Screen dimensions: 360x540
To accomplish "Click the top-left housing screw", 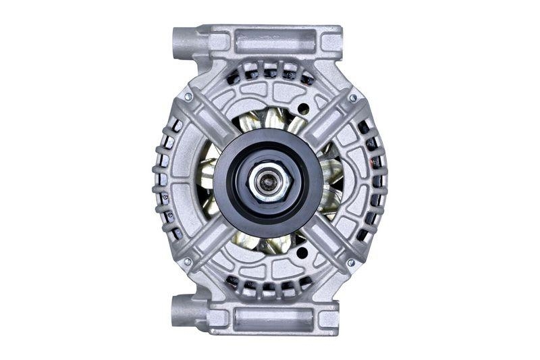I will (188, 97).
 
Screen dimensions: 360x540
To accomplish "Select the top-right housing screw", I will (352, 99).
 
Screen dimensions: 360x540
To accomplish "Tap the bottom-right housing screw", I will (350, 262).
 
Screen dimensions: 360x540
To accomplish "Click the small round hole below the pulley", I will (301, 253).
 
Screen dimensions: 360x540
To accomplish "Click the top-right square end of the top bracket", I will (330, 41).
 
